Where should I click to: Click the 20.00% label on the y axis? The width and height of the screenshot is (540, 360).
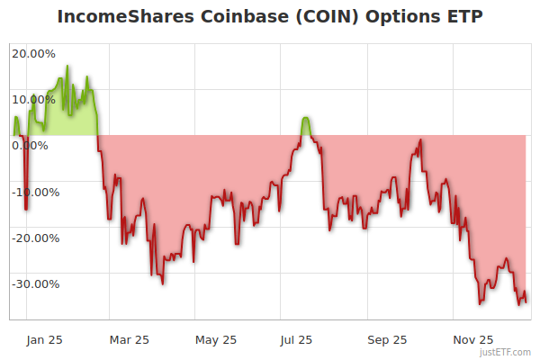(x=33, y=52)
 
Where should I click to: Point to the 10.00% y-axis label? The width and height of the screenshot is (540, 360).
(x=33, y=99)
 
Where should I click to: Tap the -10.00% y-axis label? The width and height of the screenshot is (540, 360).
(x=34, y=192)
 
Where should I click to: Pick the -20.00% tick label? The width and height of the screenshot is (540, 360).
(x=34, y=238)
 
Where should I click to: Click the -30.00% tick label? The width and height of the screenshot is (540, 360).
(x=34, y=284)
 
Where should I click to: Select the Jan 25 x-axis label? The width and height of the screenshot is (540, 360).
(x=43, y=339)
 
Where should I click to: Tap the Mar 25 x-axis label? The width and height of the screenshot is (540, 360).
(x=128, y=339)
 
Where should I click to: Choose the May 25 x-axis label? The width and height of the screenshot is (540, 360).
(x=215, y=339)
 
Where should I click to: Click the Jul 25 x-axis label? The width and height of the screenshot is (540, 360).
(x=295, y=339)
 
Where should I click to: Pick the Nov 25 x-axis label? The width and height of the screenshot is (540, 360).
(x=472, y=339)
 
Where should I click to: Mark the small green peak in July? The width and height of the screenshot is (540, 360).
(x=306, y=119)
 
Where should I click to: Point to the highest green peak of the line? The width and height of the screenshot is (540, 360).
(x=67, y=67)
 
